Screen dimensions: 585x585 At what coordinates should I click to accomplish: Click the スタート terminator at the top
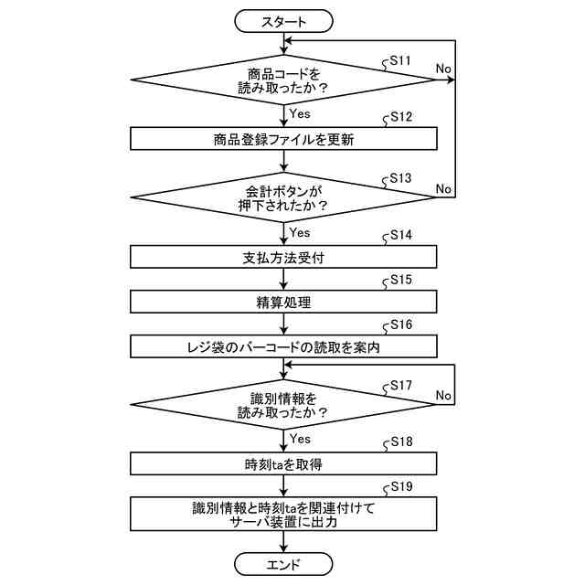pos(284,19)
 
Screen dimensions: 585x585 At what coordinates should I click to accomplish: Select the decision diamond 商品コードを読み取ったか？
pos(284,81)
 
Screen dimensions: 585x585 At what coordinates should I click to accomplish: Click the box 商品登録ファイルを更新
pos(284,139)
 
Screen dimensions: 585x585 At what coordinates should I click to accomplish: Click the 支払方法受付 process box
pos(284,257)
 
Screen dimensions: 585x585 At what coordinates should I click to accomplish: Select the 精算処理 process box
pos(284,302)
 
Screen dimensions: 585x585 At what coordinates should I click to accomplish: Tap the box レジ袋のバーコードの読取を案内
pos(284,346)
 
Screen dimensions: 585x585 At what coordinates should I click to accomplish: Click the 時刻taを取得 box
pos(284,463)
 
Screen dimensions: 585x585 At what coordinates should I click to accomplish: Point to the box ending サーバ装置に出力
pos(284,514)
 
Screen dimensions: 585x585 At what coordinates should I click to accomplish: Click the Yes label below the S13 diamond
pos(300,232)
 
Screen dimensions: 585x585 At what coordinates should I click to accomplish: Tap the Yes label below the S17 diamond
pos(300,440)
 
